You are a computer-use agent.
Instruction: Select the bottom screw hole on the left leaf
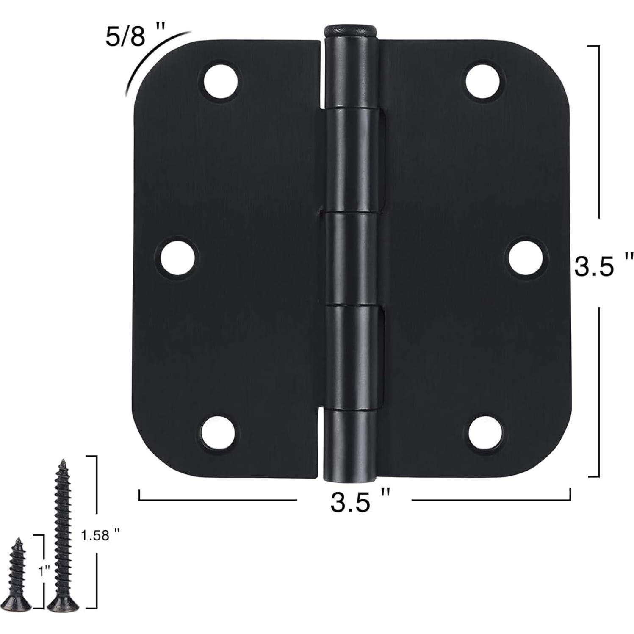coord(219,432)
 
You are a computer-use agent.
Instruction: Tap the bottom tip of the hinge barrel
coord(349,479)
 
